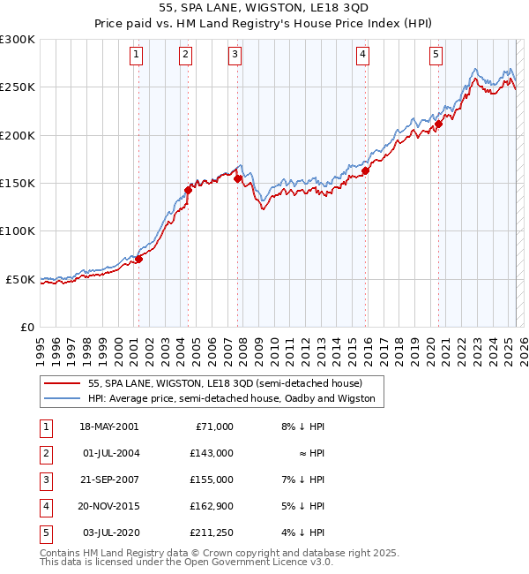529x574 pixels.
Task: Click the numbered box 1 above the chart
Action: pos(138,55)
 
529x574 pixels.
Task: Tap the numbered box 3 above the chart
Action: pos(236,55)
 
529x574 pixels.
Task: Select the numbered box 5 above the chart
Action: pos(436,55)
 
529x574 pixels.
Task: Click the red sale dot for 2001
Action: pos(138,259)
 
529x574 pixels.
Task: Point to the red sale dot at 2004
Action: pos(188,190)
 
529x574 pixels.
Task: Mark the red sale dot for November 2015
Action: pos(365,170)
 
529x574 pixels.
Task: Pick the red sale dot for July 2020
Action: pos(438,125)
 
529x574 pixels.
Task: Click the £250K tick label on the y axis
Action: pos(18,87)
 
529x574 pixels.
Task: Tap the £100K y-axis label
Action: pos(18,230)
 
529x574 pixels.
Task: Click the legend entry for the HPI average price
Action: pos(231,398)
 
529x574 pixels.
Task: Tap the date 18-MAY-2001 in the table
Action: pos(109,427)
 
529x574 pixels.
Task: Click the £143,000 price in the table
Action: pos(212,453)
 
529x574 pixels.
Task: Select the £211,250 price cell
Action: pos(212,532)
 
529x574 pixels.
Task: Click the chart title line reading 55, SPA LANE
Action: pos(264,11)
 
